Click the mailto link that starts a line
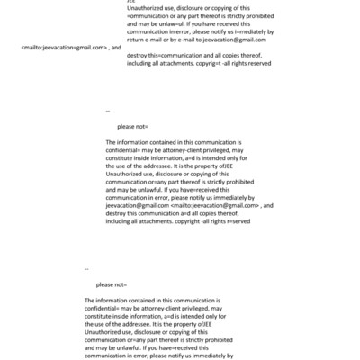(x=62, y=47)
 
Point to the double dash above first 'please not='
(x=108, y=111)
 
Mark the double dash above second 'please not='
(x=86, y=268)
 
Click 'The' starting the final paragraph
(x=92, y=300)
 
